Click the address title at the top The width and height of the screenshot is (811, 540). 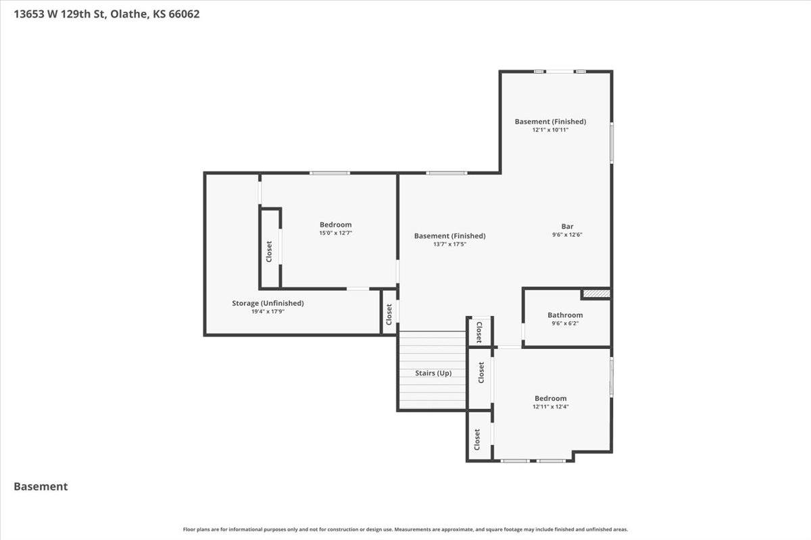click(x=107, y=14)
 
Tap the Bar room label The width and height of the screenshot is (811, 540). click(x=567, y=226)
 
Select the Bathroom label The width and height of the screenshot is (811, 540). click(x=565, y=315)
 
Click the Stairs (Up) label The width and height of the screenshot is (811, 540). click(x=433, y=373)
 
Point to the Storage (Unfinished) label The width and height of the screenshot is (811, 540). click(x=268, y=303)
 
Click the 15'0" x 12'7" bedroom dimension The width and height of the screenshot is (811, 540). click(x=335, y=233)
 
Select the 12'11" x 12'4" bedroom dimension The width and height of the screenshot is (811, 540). click(x=550, y=406)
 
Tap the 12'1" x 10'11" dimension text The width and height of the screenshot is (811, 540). click(x=550, y=130)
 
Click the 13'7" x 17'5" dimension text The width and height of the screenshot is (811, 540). click(x=449, y=244)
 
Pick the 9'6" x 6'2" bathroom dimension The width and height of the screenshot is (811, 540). click(x=565, y=323)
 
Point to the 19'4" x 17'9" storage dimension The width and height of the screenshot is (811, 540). click(x=268, y=311)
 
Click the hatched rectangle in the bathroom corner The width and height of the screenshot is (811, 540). click(x=596, y=294)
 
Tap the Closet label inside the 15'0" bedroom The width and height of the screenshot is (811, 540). click(x=269, y=252)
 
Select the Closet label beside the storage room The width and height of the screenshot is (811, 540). click(x=389, y=315)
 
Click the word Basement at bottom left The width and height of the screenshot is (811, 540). click(x=41, y=486)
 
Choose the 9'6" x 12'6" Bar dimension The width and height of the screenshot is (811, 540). click(x=567, y=235)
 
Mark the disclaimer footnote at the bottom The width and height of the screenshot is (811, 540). click(x=405, y=529)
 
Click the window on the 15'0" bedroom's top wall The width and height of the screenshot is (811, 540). click(x=330, y=173)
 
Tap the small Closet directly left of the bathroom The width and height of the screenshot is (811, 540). click(x=478, y=331)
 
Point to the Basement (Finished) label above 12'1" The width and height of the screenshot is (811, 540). click(x=550, y=122)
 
